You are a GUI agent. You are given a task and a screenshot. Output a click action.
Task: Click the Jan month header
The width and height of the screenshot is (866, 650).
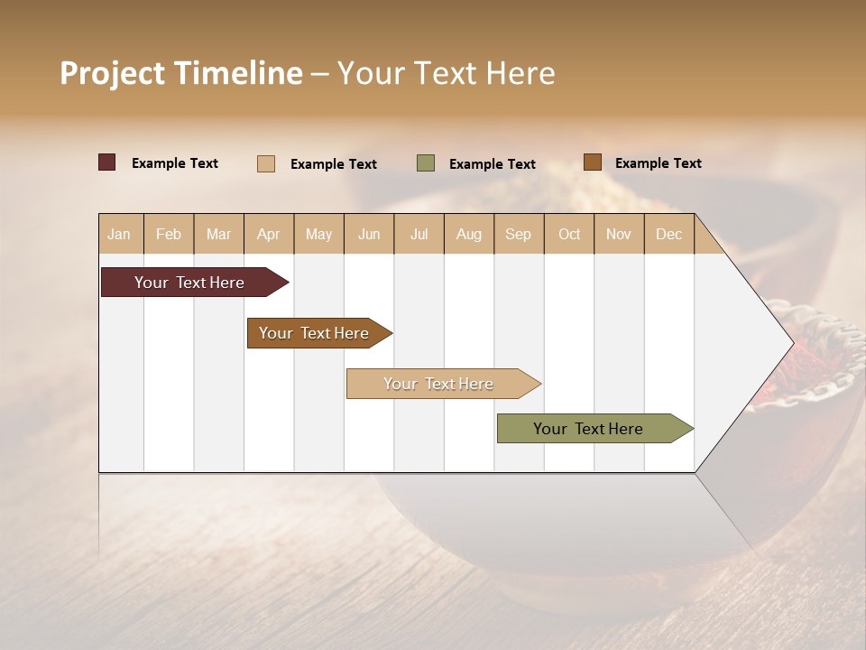point(119,234)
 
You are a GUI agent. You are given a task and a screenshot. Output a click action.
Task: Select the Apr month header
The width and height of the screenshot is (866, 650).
point(268,234)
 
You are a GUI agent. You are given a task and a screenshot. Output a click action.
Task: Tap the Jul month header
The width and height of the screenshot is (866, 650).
point(419,234)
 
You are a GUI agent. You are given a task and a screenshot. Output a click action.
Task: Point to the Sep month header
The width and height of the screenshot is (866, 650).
point(518,234)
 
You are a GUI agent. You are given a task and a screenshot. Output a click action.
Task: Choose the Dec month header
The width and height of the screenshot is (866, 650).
point(668,234)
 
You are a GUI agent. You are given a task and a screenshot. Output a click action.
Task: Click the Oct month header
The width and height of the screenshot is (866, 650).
point(568,234)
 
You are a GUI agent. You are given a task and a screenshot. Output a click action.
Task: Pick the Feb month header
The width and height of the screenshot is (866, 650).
point(169,234)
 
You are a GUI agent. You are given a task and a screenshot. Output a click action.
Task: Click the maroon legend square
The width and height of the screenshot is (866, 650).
point(106,162)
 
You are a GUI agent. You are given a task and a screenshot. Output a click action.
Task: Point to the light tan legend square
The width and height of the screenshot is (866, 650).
point(266,163)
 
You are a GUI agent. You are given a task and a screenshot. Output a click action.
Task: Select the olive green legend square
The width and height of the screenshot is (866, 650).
point(426,163)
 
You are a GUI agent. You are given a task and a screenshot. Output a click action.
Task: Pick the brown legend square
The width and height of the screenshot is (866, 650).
point(592,162)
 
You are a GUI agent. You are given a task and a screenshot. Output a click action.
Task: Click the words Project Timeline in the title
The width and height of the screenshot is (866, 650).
point(180,73)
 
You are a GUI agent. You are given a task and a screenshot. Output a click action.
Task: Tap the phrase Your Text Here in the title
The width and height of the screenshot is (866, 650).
point(446,73)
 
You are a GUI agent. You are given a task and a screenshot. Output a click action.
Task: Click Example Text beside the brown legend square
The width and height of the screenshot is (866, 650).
point(658,163)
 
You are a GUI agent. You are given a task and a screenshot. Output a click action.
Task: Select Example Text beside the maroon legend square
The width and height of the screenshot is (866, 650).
point(174,163)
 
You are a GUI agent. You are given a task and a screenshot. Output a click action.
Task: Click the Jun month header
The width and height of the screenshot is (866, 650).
point(368,234)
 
